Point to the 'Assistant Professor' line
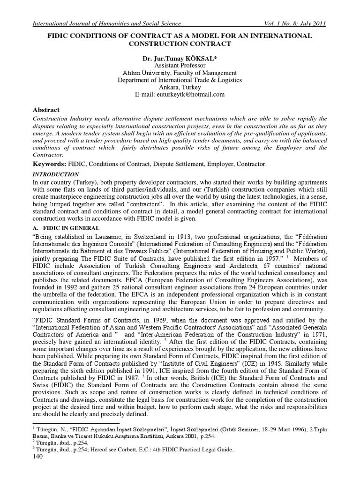[180, 66]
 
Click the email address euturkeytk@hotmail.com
[180, 94]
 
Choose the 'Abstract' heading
[46, 109]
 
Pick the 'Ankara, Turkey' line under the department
[180, 87]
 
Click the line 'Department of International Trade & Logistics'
[180, 80]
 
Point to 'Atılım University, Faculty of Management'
[180, 73]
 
